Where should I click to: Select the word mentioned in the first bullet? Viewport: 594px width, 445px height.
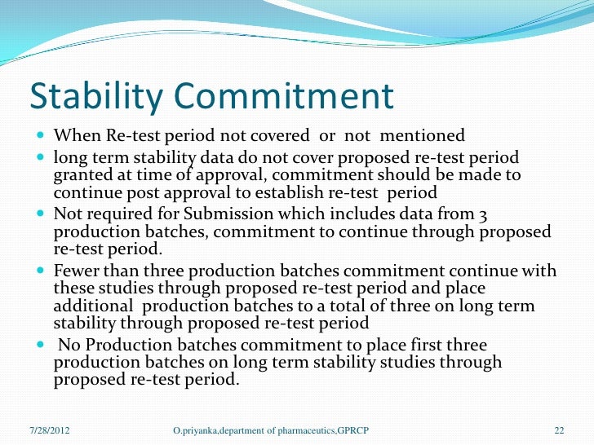pos(423,135)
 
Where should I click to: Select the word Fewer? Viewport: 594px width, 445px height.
pos(75,271)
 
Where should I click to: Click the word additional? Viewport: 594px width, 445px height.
pos(90,306)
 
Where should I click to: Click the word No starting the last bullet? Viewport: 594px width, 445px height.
pos(69,345)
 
